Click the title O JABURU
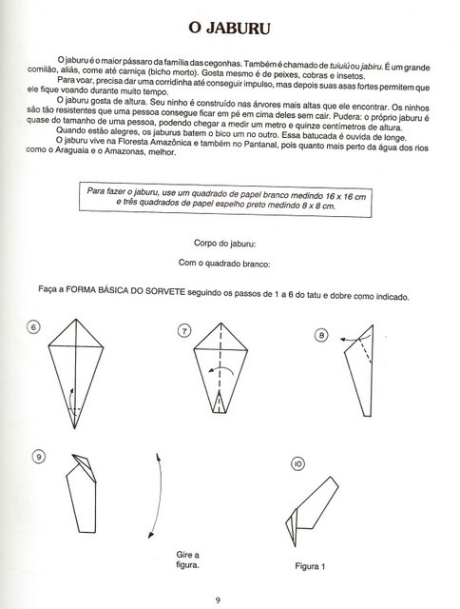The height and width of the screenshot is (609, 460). [x=229, y=29]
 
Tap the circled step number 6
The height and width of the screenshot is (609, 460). [x=33, y=327]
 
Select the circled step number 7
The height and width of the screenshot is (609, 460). [x=184, y=331]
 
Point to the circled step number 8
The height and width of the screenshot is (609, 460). [x=321, y=335]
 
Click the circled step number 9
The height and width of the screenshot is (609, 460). [x=39, y=457]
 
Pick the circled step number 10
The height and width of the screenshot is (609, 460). [x=297, y=463]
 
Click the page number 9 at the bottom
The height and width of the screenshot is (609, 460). [x=218, y=600]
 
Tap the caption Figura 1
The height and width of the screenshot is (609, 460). [x=310, y=566]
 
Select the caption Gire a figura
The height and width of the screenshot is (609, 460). [x=188, y=560]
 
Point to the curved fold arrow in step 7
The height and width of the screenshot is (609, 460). [x=220, y=368]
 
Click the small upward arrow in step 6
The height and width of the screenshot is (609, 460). [x=70, y=399]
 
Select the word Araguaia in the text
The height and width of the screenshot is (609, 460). [x=71, y=150]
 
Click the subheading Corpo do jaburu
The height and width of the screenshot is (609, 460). [x=224, y=244]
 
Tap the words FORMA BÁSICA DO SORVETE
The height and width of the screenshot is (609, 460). [x=125, y=290]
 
